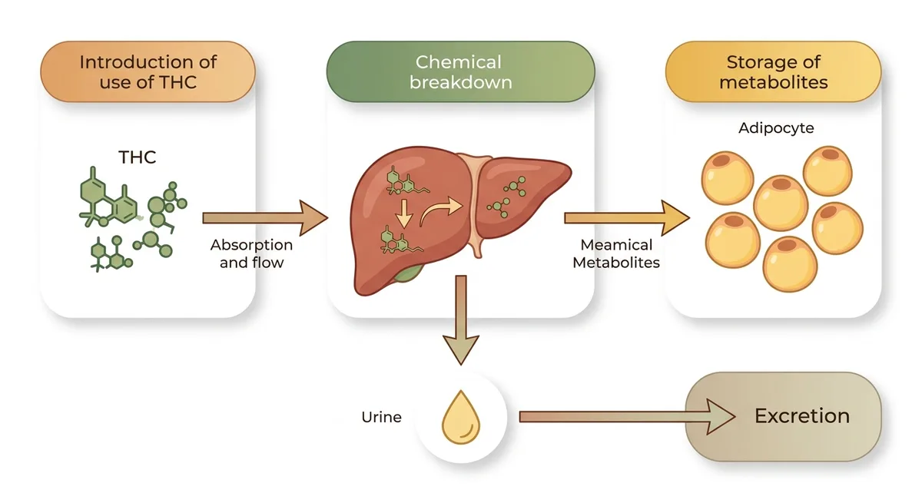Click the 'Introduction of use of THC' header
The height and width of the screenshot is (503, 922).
[x=148, y=71]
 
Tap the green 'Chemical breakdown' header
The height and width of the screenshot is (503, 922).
[x=460, y=71]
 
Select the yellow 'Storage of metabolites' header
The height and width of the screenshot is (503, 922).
[x=774, y=71]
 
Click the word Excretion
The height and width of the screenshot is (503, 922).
[x=802, y=415]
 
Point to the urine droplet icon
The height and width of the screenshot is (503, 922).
[x=461, y=417]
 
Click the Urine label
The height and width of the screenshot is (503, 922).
[x=381, y=417]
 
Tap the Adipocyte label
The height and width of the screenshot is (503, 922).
[x=776, y=128]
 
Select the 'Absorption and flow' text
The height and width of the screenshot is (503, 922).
[x=251, y=253]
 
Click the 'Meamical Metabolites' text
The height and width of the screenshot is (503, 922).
[x=616, y=253]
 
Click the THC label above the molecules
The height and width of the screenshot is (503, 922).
[x=137, y=157]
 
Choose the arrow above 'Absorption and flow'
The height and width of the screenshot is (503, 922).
[x=265, y=218]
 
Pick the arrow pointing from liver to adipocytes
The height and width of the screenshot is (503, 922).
[x=627, y=218]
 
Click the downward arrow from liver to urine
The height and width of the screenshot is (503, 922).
[x=461, y=320]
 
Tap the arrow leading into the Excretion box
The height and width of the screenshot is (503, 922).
[x=627, y=417]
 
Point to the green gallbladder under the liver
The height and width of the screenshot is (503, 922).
[x=407, y=274]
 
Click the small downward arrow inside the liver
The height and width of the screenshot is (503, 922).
[x=404, y=213]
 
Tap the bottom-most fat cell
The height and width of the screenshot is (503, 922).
[x=790, y=264]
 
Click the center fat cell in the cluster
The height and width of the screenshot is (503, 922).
[x=781, y=203]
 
